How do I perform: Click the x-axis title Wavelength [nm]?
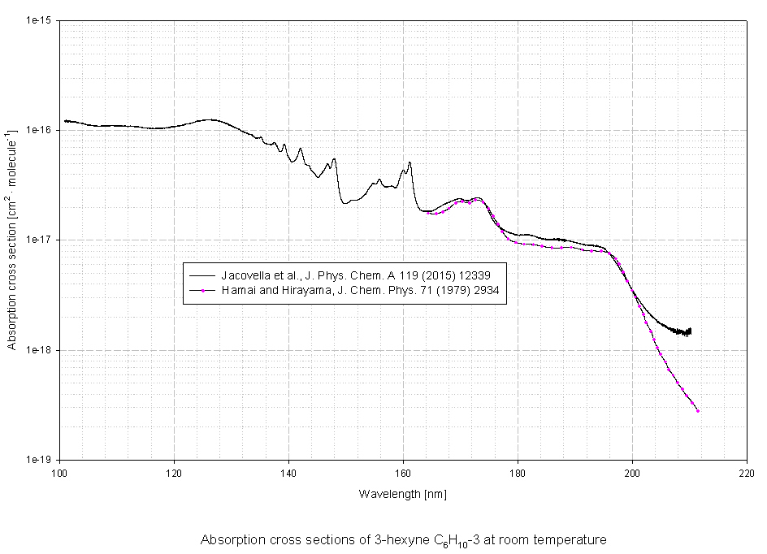(403, 494)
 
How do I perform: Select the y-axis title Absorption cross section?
(12, 240)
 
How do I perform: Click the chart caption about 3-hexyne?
(403, 539)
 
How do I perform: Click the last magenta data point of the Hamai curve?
(698, 411)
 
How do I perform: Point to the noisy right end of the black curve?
(688, 331)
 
